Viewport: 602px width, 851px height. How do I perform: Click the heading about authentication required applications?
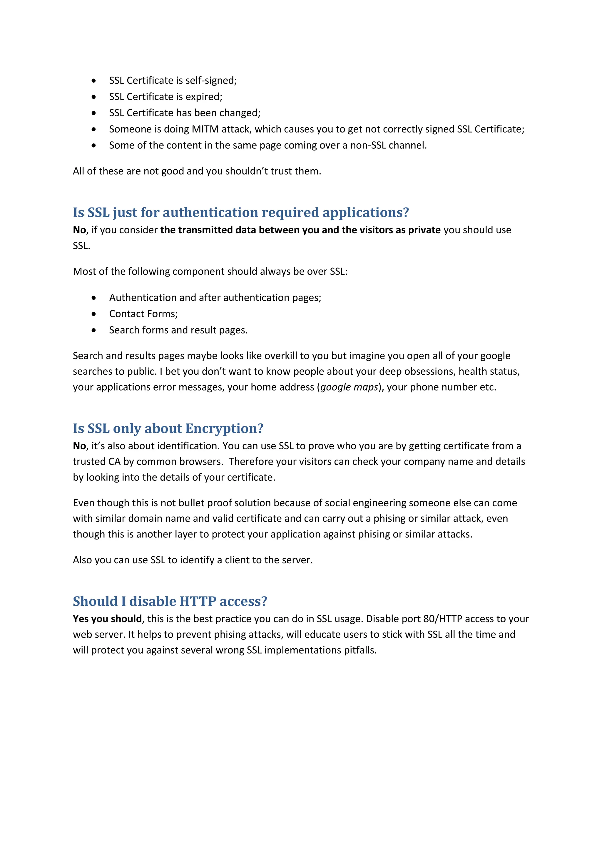[241, 212]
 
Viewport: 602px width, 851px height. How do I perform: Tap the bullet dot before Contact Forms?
[94, 314]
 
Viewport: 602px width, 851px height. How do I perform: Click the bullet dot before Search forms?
[94, 330]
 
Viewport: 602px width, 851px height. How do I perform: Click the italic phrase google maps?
[349, 387]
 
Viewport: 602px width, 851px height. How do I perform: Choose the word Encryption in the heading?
[224, 428]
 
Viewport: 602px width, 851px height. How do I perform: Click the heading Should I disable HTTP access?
[170, 601]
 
